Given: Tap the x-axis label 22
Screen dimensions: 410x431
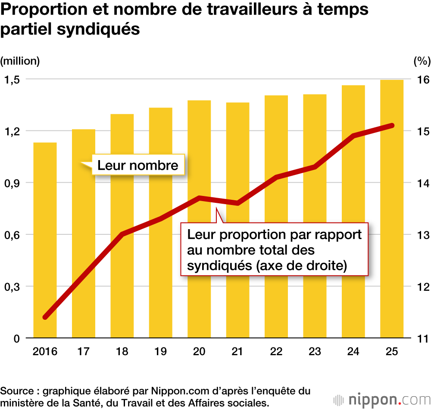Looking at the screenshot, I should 276,352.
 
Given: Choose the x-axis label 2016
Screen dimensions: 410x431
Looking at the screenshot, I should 45,352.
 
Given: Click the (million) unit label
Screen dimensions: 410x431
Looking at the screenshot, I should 20,61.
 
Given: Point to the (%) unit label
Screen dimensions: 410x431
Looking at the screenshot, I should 422,61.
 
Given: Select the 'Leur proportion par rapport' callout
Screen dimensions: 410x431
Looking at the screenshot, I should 274,249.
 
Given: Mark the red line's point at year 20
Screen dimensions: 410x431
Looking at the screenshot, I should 199,198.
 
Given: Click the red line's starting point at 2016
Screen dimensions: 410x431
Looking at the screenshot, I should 45,317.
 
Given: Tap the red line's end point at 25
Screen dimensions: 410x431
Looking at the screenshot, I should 392,126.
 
